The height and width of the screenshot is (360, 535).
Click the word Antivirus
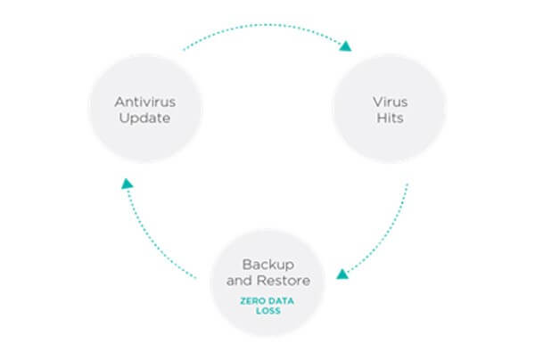(x=145, y=102)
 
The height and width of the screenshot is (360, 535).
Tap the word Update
(x=144, y=119)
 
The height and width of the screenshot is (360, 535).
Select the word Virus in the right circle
(x=390, y=102)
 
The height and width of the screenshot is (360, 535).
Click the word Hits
(x=390, y=118)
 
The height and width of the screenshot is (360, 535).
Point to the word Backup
(x=268, y=265)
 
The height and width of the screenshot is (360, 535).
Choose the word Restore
(x=284, y=281)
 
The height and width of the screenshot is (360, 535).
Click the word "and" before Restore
(x=240, y=281)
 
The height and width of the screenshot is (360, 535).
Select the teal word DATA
(x=280, y=301)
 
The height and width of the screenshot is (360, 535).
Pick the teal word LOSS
(x=268, y=311)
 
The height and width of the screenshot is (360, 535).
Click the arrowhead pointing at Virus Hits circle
(x=346, y=46)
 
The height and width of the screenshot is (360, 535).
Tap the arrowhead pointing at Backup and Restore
(x=342, y=274)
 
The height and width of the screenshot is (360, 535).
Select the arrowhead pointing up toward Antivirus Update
(x=127, y=184)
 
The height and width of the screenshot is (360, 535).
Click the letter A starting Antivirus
(x=119, y=102)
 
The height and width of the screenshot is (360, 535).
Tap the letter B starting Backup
(x=246, y=265)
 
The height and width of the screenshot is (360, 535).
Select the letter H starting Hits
(x=381, y=118)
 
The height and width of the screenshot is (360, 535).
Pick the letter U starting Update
(x=123, y=118)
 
